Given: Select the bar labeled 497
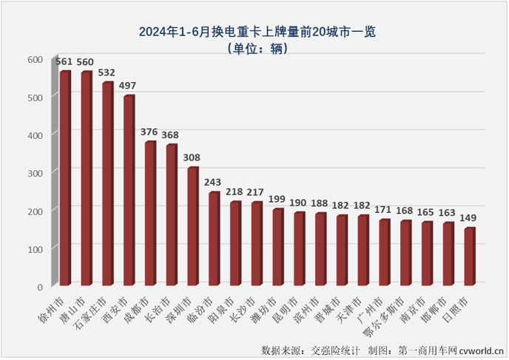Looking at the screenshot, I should click(129, 191).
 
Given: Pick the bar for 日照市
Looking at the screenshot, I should click(469, 257).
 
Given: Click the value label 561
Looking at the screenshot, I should click(64, 63).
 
